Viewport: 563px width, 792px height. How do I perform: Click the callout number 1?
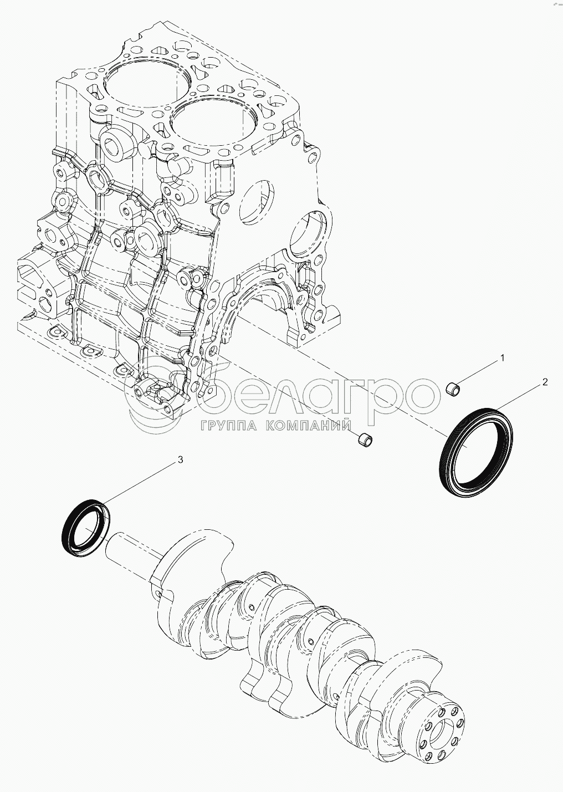501,359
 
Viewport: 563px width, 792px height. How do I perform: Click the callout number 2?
545,382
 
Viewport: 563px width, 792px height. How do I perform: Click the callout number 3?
180,460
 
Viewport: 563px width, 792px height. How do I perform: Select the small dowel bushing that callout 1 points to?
454,389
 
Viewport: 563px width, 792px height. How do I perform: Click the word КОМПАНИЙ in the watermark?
309,426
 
